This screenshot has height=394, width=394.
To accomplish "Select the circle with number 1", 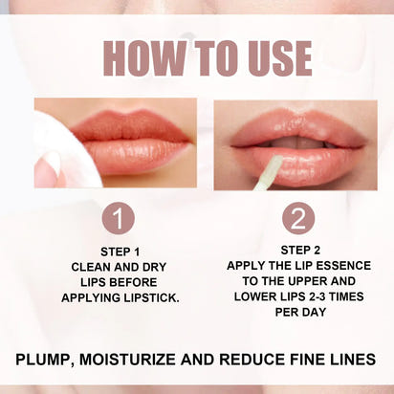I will pyautogui.click(x=117, y=218).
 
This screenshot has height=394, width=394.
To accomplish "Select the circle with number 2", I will pyautogui.click(x=297, y=218).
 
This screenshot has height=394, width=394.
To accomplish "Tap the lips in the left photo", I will pyautogui.click(x=134, y=143).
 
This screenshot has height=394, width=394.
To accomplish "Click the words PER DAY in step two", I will pyautogui.click(x=297, y=312).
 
